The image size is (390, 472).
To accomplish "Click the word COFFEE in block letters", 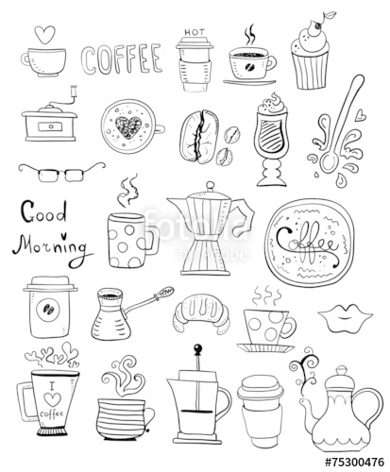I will pos(120,58).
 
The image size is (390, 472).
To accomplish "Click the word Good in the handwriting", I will pos(43,211).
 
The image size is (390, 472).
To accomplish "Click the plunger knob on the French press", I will pos(197,352).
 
